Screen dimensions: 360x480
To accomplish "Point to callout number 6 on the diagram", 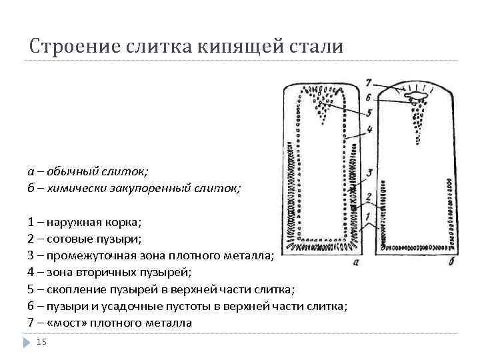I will pyautogui.click(x=369, y=98).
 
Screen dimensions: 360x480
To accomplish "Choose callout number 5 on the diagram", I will pyautogui.click(x=369, y=113).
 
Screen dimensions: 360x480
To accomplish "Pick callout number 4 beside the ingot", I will pyautogui.click(x=369, y=129).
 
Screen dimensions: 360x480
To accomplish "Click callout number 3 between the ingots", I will pyautogui.click(x=369, y=173).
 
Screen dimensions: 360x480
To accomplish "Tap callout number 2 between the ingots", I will pyautogui.click(x=368, y=197).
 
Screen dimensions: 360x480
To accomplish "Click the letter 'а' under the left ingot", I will pyautogui.click(x=355, y=262).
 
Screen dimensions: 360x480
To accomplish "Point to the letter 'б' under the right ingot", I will pyautogui.click(x=452, y=262).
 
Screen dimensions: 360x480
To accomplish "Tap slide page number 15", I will pyautogui.click(x=41, y=342).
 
